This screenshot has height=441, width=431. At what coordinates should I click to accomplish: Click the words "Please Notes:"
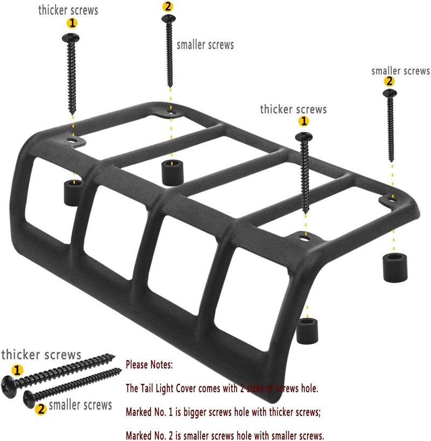pyautogui.click(x=149, y=365)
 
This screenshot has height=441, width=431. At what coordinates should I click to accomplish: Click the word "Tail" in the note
pyautogui.click(x=147, y=389)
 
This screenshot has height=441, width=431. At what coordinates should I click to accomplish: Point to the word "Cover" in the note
pyautogui.click(x=186, y=389)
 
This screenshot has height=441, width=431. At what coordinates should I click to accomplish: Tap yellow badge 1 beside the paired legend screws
pyautogui.click(x=17, y=370)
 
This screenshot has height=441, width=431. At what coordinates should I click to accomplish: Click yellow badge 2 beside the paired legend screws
pyautogui.click(x=41, y=409)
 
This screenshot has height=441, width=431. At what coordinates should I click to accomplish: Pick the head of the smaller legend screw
pyautogui.click(x=29, y=399)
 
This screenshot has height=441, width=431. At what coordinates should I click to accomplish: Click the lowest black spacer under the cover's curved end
pyautogui.click(x=307, y=331)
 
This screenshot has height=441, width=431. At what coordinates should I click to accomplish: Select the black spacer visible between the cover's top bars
pyautogui.click(x=173, y=172)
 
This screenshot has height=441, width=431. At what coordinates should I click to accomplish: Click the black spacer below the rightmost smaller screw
pyautogui.click(x=395, y=267)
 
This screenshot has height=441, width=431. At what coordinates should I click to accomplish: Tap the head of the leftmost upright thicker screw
pyautogui.click(x=71, y=38)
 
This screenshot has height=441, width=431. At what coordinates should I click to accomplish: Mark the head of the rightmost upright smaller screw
pyautogui.click(x=390, y=93)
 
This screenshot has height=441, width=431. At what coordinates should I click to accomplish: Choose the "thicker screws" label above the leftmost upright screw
pyautogui.click(x=68, y=10)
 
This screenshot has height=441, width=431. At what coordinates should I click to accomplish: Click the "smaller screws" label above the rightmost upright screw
pyautogui.click(x=401, y=71)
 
